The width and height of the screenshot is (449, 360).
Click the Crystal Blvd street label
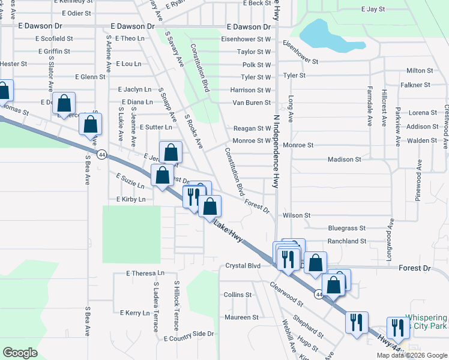(x=243, y=266)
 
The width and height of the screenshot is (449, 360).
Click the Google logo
(x=20, y=352)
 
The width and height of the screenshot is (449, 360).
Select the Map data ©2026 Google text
(x=412, y=355)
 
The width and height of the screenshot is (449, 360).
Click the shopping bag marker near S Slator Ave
(x=64, y=104)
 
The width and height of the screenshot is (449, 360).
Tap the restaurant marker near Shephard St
(x=357, y=322)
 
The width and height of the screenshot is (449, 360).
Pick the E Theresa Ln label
(x=145, y=273)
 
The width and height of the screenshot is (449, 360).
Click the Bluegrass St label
(x=346, y=228)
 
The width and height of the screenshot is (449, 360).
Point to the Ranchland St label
(x=346, y=241)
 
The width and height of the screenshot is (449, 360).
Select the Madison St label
(x=344, y=160)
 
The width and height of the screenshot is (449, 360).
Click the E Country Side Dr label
(x=188, y=334)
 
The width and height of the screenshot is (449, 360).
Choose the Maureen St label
(x=241, y=317)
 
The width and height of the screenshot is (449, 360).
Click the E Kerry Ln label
(x=134, y=313)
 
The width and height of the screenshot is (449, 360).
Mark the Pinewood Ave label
(x=419, y=180)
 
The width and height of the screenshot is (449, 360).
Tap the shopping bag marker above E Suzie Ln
(x=162, y=177)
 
